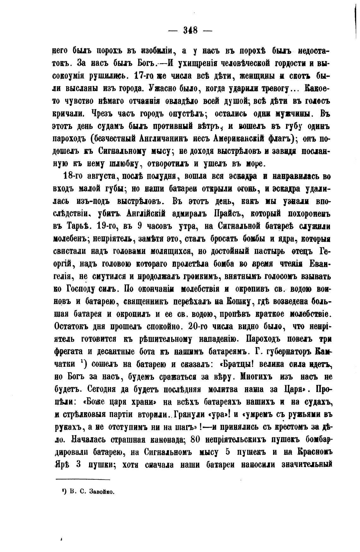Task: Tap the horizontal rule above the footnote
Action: [82, 480]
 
